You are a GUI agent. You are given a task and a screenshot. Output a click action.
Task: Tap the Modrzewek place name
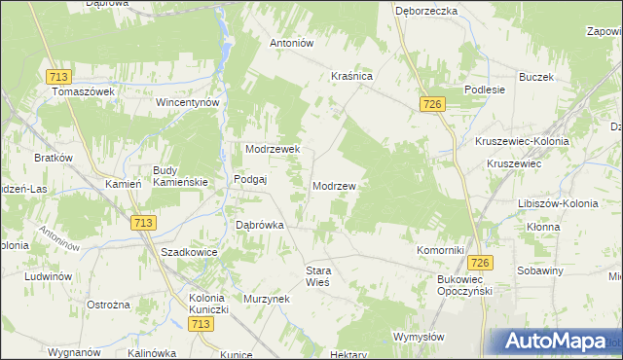(x=278, y=149)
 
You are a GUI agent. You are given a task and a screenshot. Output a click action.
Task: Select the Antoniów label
(x=291, y=43)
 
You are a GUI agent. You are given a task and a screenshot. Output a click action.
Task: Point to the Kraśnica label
(x=352, y=75)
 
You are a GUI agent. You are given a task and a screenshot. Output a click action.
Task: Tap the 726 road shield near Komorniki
(x=478, y=264)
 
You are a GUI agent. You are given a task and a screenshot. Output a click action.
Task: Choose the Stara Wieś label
(x=319, y=275)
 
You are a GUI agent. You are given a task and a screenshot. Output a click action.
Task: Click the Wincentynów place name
(x=189, y=102)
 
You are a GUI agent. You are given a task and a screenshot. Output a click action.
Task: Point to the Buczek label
(x=535, y=77)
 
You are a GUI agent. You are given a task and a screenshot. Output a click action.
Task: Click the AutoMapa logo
(x=552, y=342)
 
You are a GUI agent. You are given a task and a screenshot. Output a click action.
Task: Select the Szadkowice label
(x=189, y=251)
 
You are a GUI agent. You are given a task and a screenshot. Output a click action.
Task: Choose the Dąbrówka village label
(x=260, y=224)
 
